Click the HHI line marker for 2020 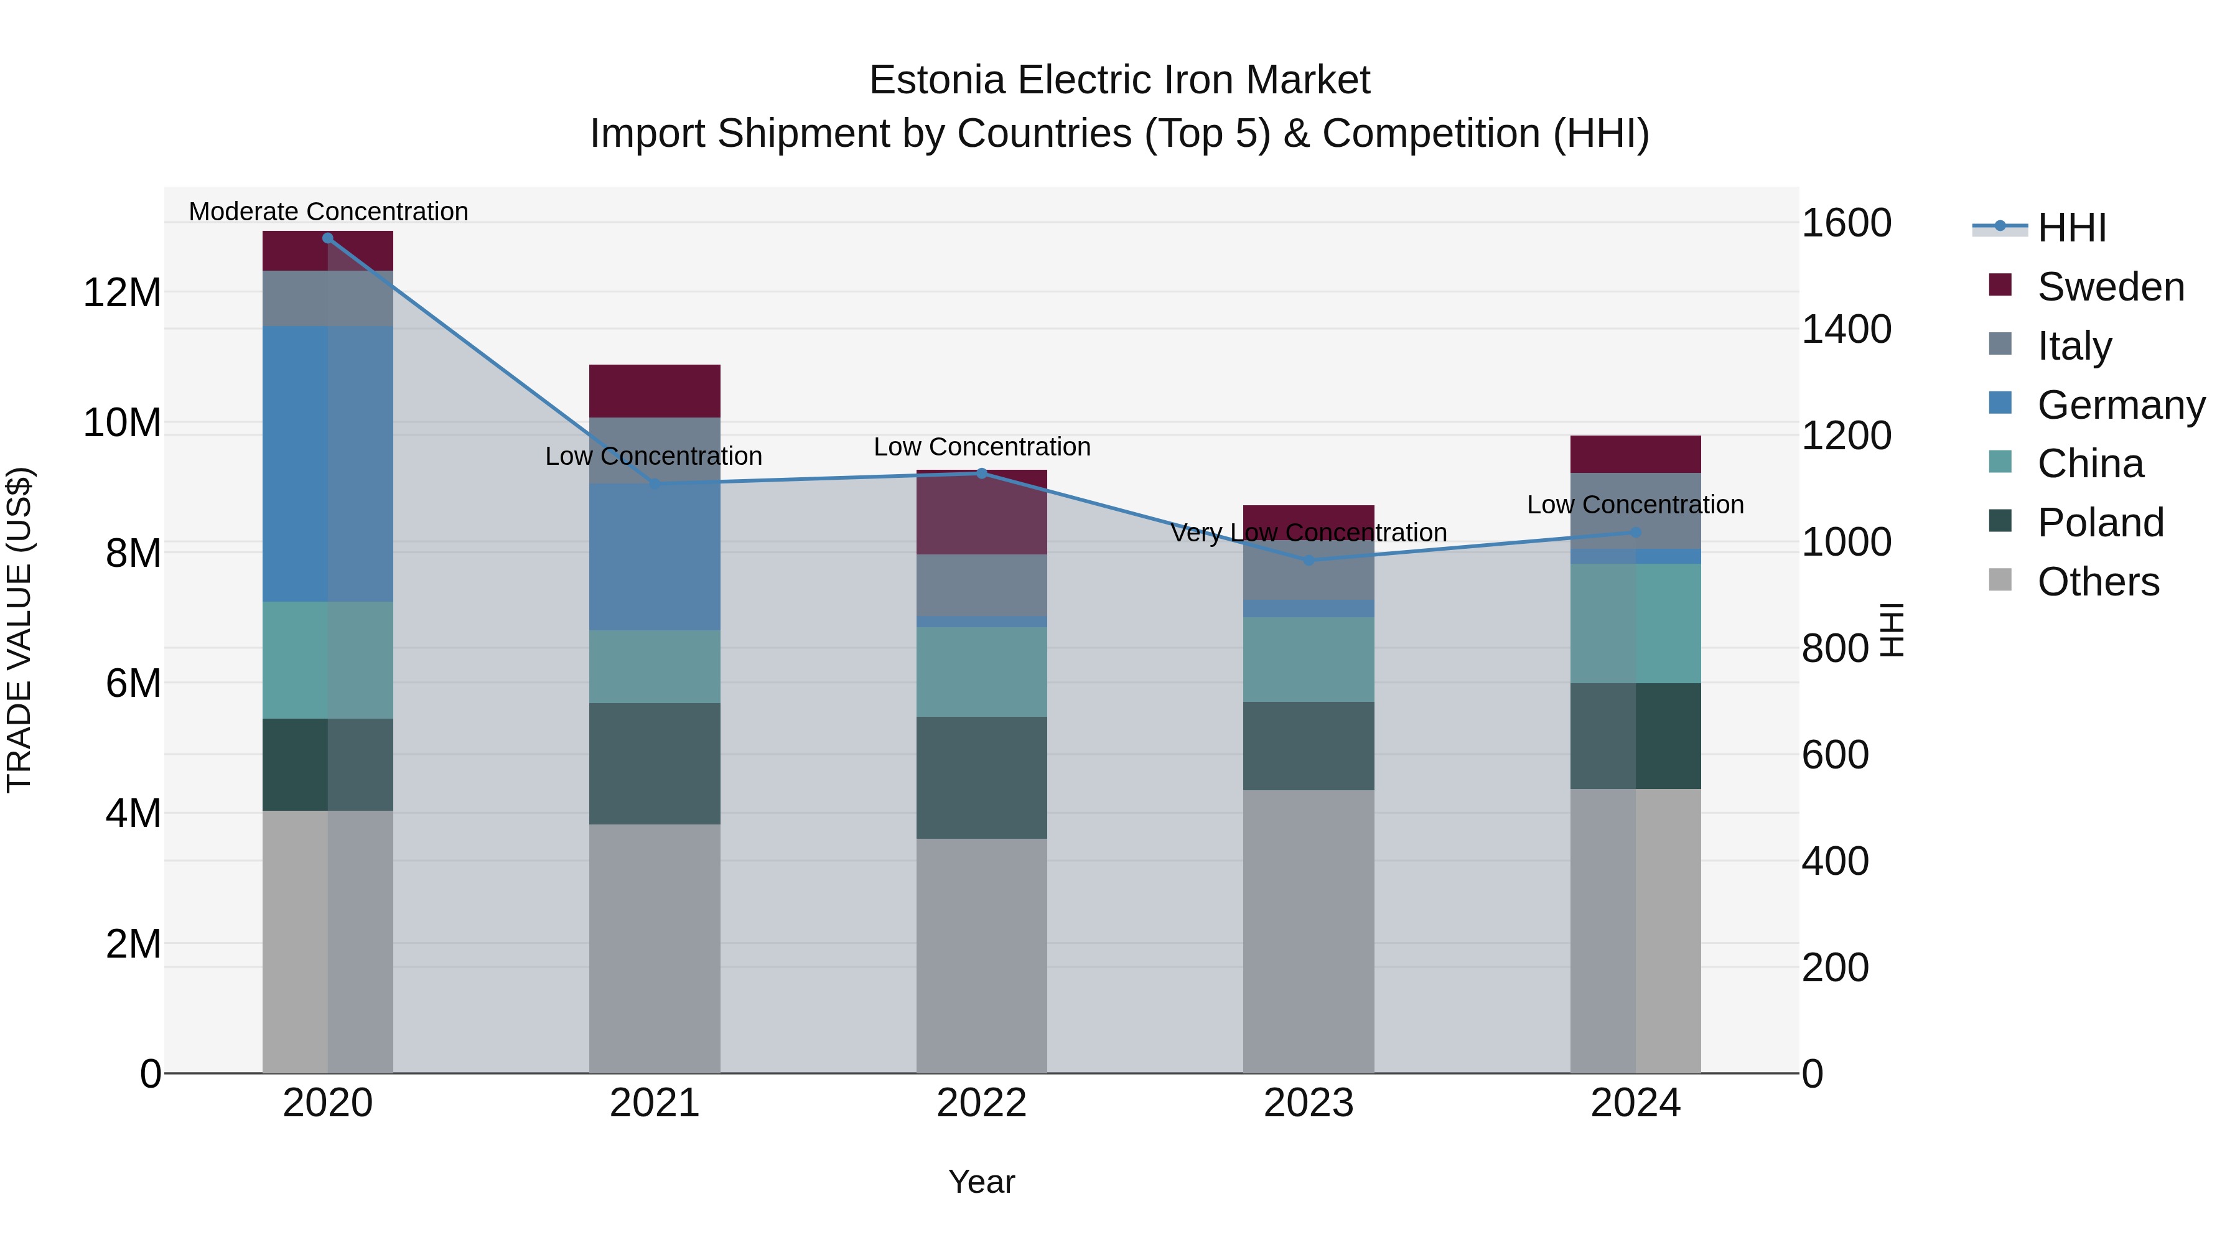(x=328, y=238)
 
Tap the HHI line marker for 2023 (x=1309, y=561)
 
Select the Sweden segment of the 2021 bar (x=655, y=391)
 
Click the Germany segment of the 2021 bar (x=655, y=556)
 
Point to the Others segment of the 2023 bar (x=1309, y=930)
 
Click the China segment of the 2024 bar (x=1636, y=623)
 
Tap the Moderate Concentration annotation (x=329, y=212)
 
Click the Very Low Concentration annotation (x=1309, y=532)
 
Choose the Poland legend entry (x=2100, y=523)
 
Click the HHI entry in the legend (x=2071, y=228)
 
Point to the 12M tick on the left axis (x=122, y=292)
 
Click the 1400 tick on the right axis (x=1846, y=330)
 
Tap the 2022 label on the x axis (x=982, y=1103)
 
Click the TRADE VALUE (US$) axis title (x=19, y=630)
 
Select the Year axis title (x=982, y=1182)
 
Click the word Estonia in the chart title (x=938, y=80)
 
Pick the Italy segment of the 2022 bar (x=982, y=586)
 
